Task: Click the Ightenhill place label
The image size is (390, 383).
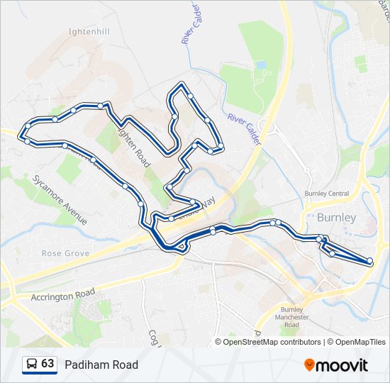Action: [x=89, y=32]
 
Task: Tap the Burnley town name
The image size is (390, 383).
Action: [x=337, y=217]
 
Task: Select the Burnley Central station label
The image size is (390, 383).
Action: [x=326, y=194]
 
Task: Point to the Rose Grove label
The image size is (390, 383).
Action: [x=65, y=253]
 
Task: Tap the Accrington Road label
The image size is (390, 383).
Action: [x=62, y=294]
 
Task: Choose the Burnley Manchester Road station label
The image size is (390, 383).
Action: [x=291, y=317]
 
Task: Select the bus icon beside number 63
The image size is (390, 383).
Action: [x=32, y=364]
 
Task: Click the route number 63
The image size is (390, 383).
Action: [x=48, y=364]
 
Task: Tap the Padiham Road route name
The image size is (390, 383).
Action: [x=101, y=365]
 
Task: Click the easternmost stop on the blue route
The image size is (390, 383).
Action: [x=370, y=262]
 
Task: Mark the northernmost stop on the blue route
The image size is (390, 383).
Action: [x=182, y=85]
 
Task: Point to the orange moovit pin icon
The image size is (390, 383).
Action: [x=309, y=365]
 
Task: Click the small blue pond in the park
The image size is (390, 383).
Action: [x=261, y=65]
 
